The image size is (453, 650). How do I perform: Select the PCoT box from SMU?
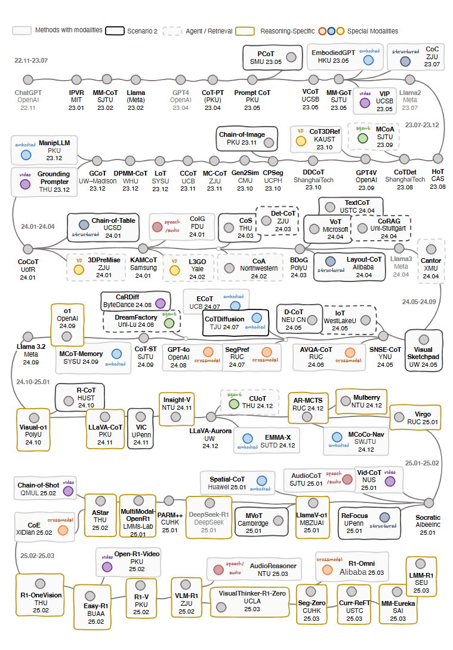pos(269,57)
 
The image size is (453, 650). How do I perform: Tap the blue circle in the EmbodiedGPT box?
pos(369,60)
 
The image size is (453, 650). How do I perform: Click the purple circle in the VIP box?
pos(365,102)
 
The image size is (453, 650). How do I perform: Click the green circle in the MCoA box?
pos(362,138)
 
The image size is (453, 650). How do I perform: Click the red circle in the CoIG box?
pos(157,227)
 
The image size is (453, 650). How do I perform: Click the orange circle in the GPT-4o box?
pos(208,352)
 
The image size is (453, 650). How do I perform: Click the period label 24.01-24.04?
pos(38,226)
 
